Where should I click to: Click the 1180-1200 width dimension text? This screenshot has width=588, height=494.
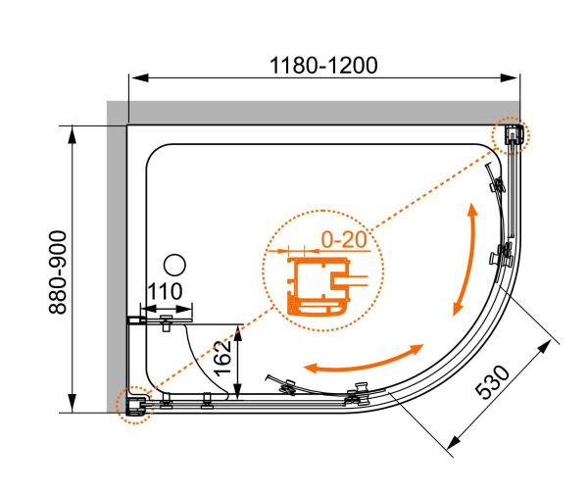[324, 66]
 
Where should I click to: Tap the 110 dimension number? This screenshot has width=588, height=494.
[165, 292]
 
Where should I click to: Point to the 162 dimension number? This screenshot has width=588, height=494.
[222, 361]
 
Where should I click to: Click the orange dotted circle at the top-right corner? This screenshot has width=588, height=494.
[512, 135]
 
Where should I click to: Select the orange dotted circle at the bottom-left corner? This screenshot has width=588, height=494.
[133, 403]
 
